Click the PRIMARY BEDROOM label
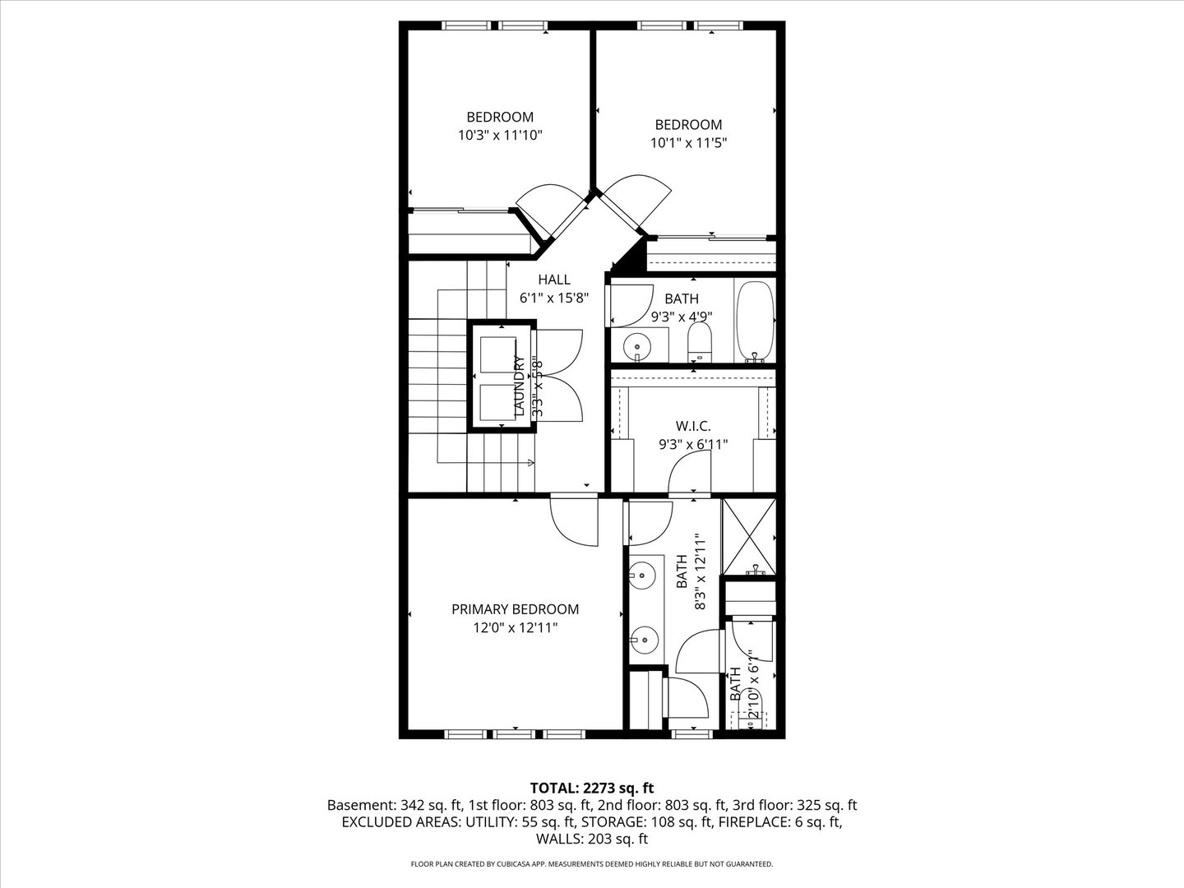[x=515, y=609]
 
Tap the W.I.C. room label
[x=692, y=426]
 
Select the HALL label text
[x=553, y=280]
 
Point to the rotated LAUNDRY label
[x=519, y=385]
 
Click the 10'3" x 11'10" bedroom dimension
[x=500, y=135]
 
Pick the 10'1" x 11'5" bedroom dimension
[x=688, y=142]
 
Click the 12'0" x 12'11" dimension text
[x=515, y=628]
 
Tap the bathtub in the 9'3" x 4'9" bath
[x=755, y=320]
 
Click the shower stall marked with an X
[x=748, y=536]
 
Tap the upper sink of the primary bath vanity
[x=645, y=575]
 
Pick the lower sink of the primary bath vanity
[x=646, y=638]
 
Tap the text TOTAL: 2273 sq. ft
[x=591, y=788]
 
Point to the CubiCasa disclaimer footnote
[x=591, y=864]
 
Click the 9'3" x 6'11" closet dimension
[x=692, y=445]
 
